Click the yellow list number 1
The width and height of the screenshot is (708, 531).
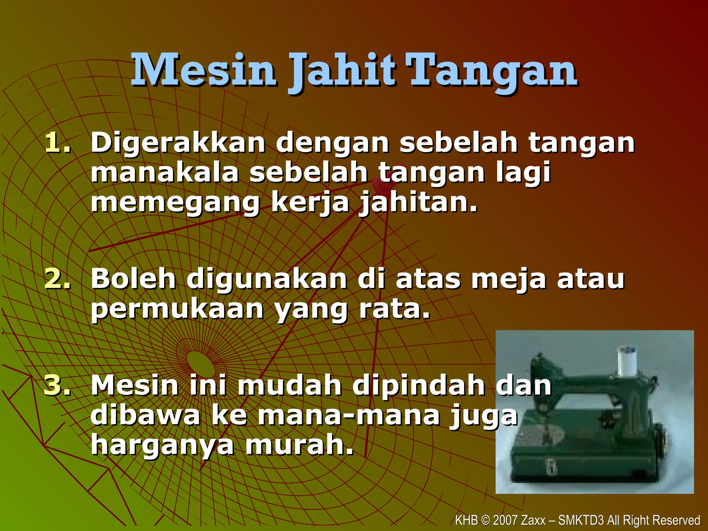tap(57, 142)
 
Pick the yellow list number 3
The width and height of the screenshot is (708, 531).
tap(57, 385)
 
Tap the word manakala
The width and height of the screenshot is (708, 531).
tap(165, 173)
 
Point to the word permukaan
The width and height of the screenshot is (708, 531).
tap(177, 309)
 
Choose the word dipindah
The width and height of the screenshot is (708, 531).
tap(418, 386)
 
